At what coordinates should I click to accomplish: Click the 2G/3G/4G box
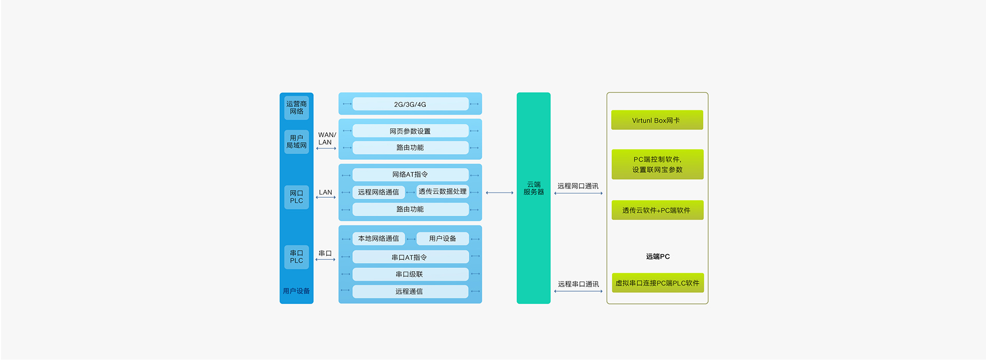click(x=410, y=104)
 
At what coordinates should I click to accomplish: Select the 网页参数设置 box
click(x=410, y=131)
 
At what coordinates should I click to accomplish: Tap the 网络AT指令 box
click(x=410, y=175)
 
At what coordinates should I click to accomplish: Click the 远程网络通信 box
click(x=378, y=192)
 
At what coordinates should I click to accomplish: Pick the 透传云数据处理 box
click(x=442, y=192)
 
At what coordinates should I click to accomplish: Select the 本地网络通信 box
click(x=378, y=239)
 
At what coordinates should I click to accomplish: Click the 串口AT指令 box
click(x=410, y=257)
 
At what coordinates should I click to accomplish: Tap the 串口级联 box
click(x=410, y=274)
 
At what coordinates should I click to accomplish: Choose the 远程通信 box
click(x=410, y=292)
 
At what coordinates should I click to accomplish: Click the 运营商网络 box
click(x=296, y=108)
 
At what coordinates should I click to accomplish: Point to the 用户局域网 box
click(x=296, y=142)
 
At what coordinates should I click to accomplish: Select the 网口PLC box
click(x=296, y=197)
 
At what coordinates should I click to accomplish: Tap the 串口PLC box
click(x=296, y=257)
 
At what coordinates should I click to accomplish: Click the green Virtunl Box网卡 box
click(x=657, y=120)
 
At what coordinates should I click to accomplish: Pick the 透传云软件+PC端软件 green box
click(x=657, y=211)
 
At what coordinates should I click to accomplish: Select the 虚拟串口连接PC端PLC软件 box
click(x=657, y=283)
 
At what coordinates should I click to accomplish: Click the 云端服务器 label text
click(x=534, y=188)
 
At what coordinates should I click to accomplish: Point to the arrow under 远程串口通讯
click(x=578, y=292)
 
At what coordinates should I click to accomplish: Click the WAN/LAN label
click(x=327, y=139)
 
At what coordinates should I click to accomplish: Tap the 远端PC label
click(x=658, y=257)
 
